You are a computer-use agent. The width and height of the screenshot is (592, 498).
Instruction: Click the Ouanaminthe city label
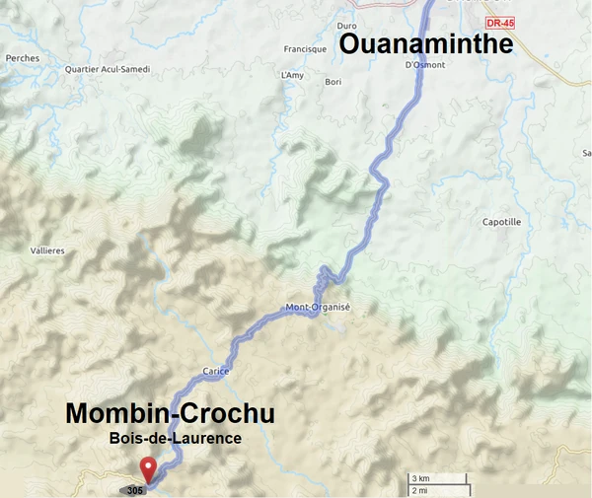coord(426,44)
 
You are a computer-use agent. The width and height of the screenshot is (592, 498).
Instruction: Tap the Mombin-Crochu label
coord(170,414)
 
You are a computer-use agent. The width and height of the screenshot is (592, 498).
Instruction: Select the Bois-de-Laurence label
coord(176,438)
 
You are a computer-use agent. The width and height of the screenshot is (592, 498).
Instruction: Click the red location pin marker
coord(148,468)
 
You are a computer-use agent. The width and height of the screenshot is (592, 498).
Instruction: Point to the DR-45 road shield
coord(501,22)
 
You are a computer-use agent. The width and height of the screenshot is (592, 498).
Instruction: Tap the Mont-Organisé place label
coord(318,307)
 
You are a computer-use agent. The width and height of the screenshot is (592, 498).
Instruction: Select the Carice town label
coord(215,372)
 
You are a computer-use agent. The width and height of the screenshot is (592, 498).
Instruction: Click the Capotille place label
coord(501,222)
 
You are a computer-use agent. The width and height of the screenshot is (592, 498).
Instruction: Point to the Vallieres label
coord(47,251)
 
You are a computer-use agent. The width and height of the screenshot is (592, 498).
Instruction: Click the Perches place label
coord(22,58)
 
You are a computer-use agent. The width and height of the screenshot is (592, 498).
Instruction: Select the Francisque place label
coord(305,49)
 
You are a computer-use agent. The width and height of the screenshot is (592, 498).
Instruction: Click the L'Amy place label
coord(292,75)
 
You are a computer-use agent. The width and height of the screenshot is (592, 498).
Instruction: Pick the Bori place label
coord(333,82)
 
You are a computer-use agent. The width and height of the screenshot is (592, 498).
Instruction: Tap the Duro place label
coord(346,26)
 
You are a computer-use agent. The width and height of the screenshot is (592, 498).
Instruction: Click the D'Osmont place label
coord(425,65)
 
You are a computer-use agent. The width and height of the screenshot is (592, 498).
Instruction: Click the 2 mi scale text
coord(419,490)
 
